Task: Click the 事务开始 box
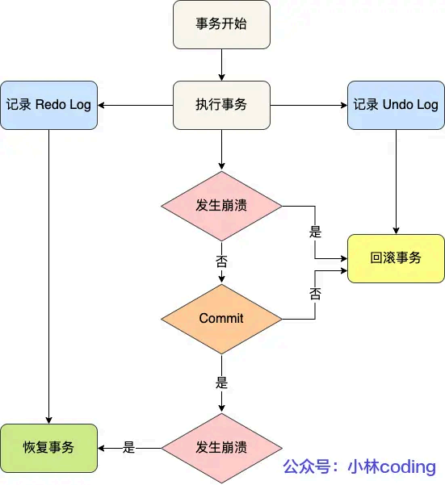(221, 23)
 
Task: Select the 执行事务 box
(221, 105)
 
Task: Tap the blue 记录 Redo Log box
(48, 105)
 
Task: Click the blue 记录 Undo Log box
(396, 105)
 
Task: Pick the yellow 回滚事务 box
(396, 258)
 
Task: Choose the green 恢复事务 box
(48, 447)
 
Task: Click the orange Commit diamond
(221, 318)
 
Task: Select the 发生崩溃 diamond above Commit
(221, 205)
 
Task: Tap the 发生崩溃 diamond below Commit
(221, 447)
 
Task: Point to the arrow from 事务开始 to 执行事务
(221, 64)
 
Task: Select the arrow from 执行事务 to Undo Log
(308, 105)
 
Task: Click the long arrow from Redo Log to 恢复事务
(48, 274)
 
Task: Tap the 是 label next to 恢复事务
(128, 447)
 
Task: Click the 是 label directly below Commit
(221, 381)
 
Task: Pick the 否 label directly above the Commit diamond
(221, 261)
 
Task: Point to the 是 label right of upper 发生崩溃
(315, 232)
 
